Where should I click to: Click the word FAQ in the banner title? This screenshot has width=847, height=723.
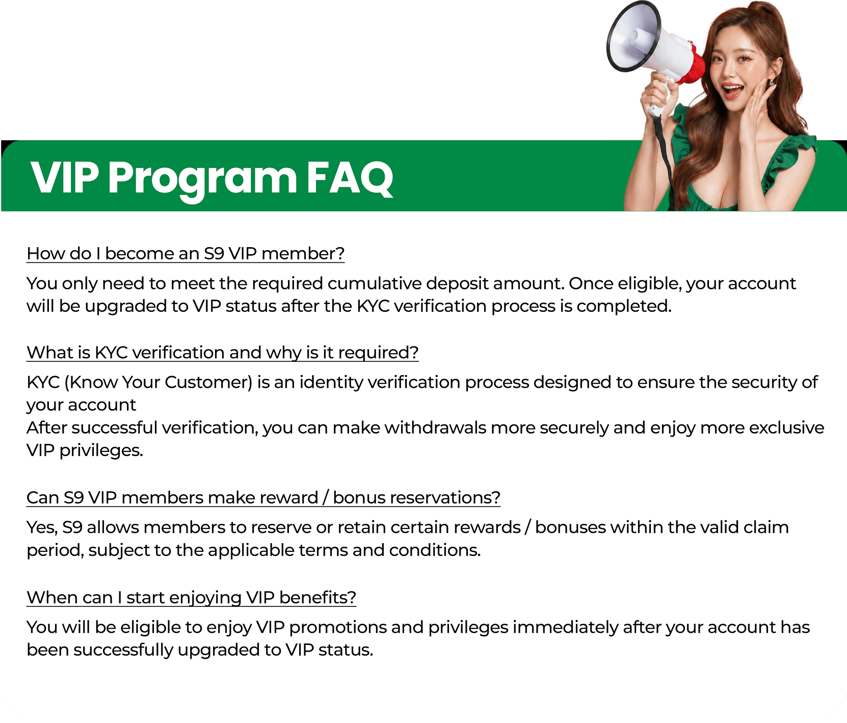pyautogui.click(x=350, y=178)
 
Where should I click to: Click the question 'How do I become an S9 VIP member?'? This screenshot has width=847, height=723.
pyautogui.click(x=186, y=254)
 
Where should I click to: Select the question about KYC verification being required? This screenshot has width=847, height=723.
pyautogui.click(x=223, y=353)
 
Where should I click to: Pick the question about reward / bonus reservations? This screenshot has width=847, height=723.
pyautogui.click(x=263, y=497)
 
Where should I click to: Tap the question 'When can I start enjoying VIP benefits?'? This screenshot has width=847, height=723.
pyautogui.click(x=191, y=597)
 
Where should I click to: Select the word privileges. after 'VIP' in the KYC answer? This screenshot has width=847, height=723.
pyautogui.click(x=101, y=450)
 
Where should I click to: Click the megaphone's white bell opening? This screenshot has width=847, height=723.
pyautogui.click(x=631, y=37)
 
